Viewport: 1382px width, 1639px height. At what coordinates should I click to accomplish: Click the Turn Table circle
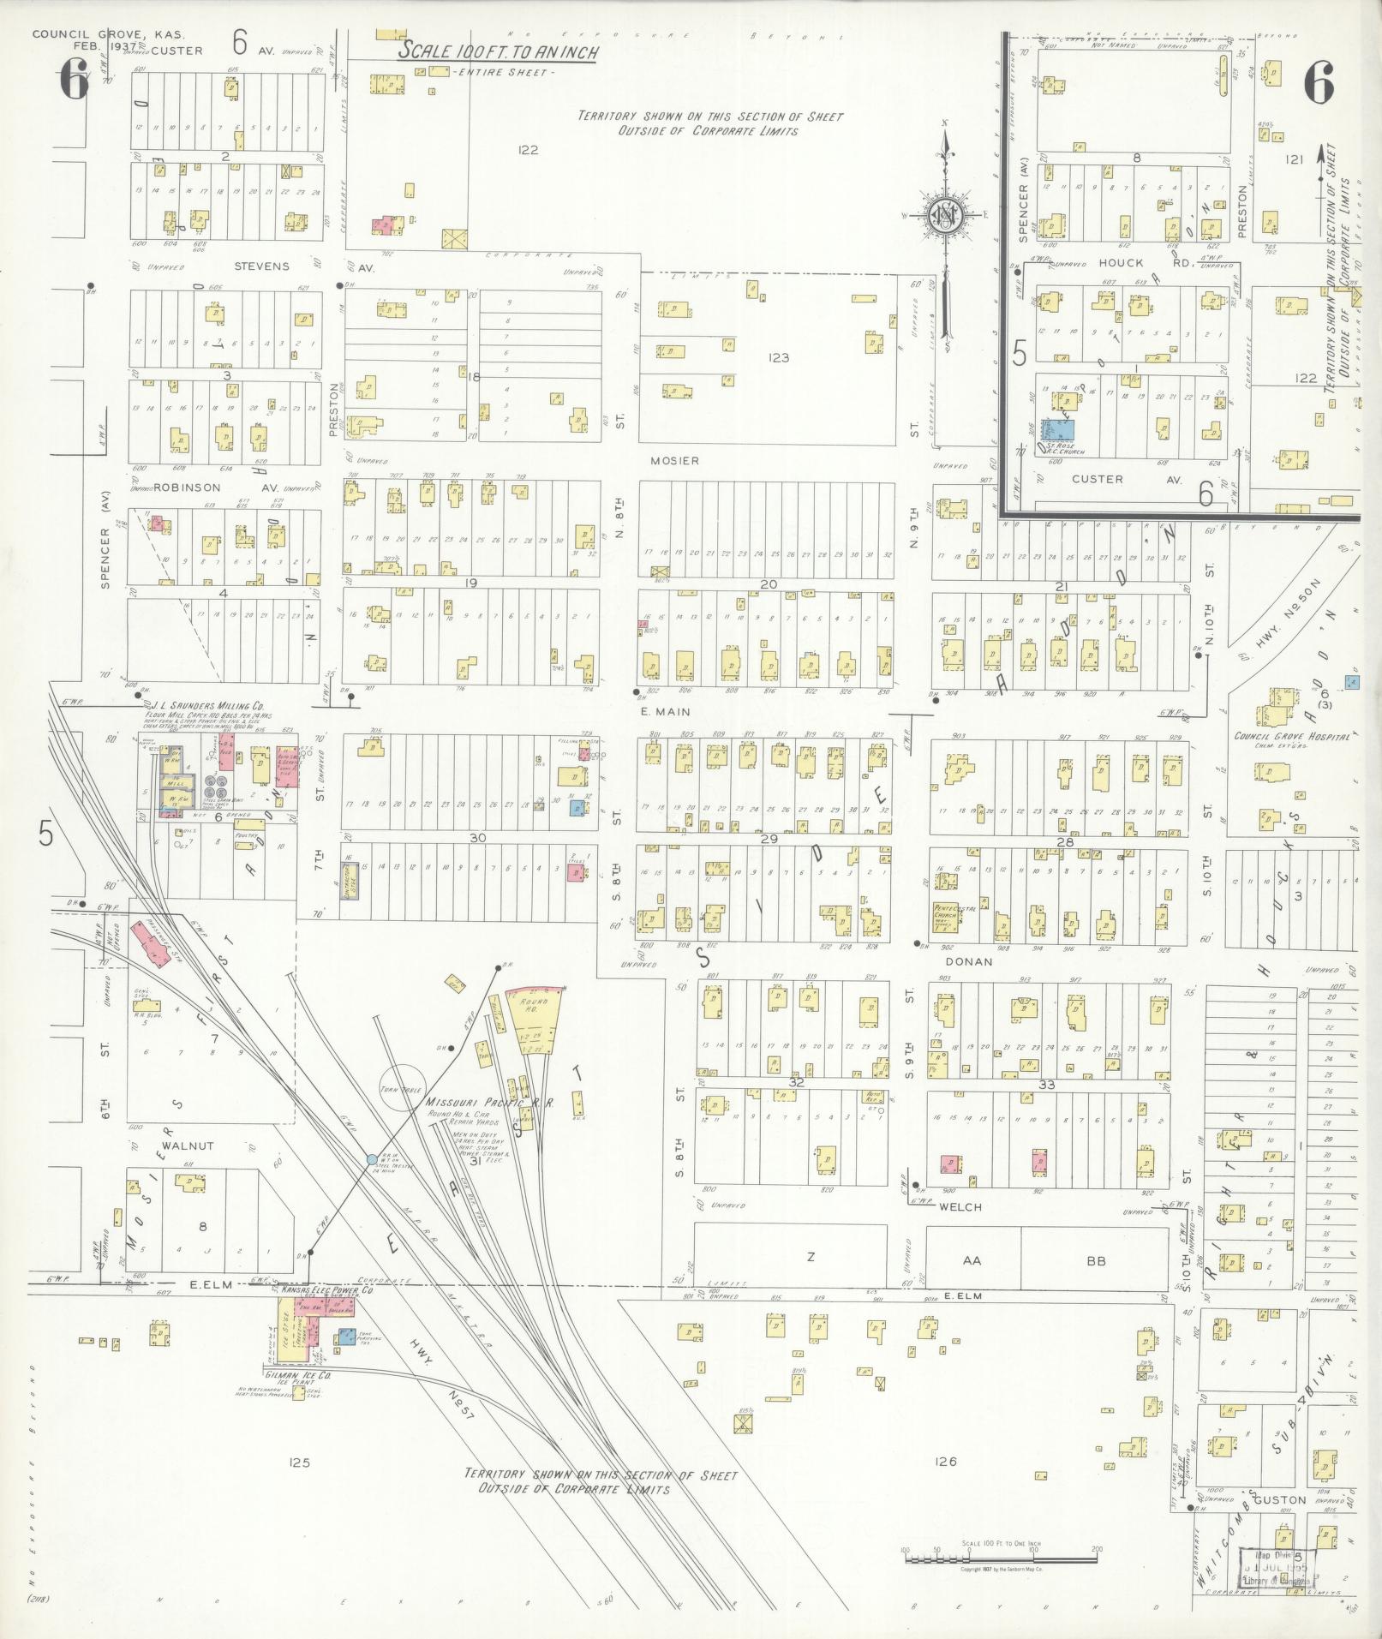click(x=403, y=1088)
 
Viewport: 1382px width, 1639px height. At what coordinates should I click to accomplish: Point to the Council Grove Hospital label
click(x=1291, y=736)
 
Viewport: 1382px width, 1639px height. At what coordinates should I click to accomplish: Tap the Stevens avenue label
click(x=262, y=266)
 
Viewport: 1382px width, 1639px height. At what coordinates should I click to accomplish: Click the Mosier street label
click(x=674, y=460)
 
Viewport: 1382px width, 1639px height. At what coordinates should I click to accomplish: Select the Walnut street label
click(x=193, y=1146)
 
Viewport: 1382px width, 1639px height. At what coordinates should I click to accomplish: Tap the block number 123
click(x=778, y=358)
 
